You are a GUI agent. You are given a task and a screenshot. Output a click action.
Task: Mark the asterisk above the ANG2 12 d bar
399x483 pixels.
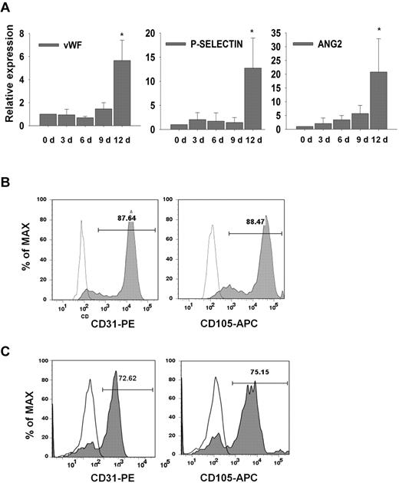coord(378,25)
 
